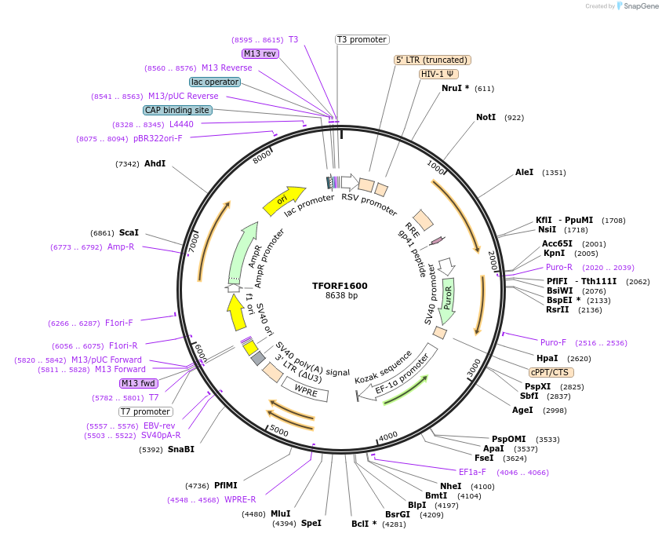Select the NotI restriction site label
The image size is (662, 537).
pos(486,117)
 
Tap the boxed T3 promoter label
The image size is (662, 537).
pos(362,39)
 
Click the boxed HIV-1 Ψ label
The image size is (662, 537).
pos(439,74)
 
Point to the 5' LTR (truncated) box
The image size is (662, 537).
pos(431,60)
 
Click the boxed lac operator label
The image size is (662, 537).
pos(215,82)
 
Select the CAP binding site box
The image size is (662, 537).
pos(177,110)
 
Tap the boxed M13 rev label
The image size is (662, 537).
pos(260,53)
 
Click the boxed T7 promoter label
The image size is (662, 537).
pos(146,411)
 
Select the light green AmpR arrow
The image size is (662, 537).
pos(244,251)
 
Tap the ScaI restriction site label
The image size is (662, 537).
pos(129,232)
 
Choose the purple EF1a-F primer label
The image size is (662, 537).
pos(472,472)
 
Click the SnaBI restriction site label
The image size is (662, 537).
pos(181,449)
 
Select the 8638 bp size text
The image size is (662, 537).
pos(341,296)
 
